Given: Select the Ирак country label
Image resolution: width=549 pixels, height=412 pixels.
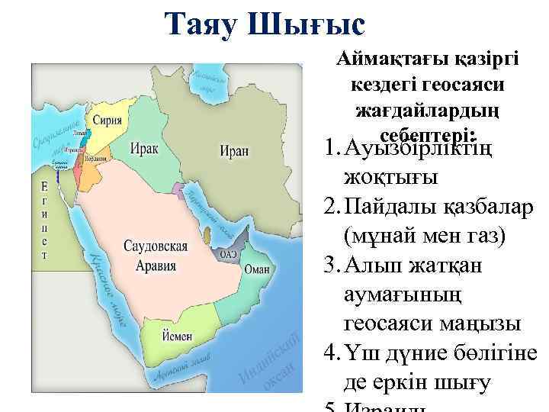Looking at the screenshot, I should pos(144,147).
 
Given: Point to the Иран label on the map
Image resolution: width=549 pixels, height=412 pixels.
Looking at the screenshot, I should pos(234,150).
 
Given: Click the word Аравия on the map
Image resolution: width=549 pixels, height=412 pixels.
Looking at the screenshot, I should pos(155,266).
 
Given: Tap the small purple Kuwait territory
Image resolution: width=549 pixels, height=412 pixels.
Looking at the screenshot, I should pos(178,188).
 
